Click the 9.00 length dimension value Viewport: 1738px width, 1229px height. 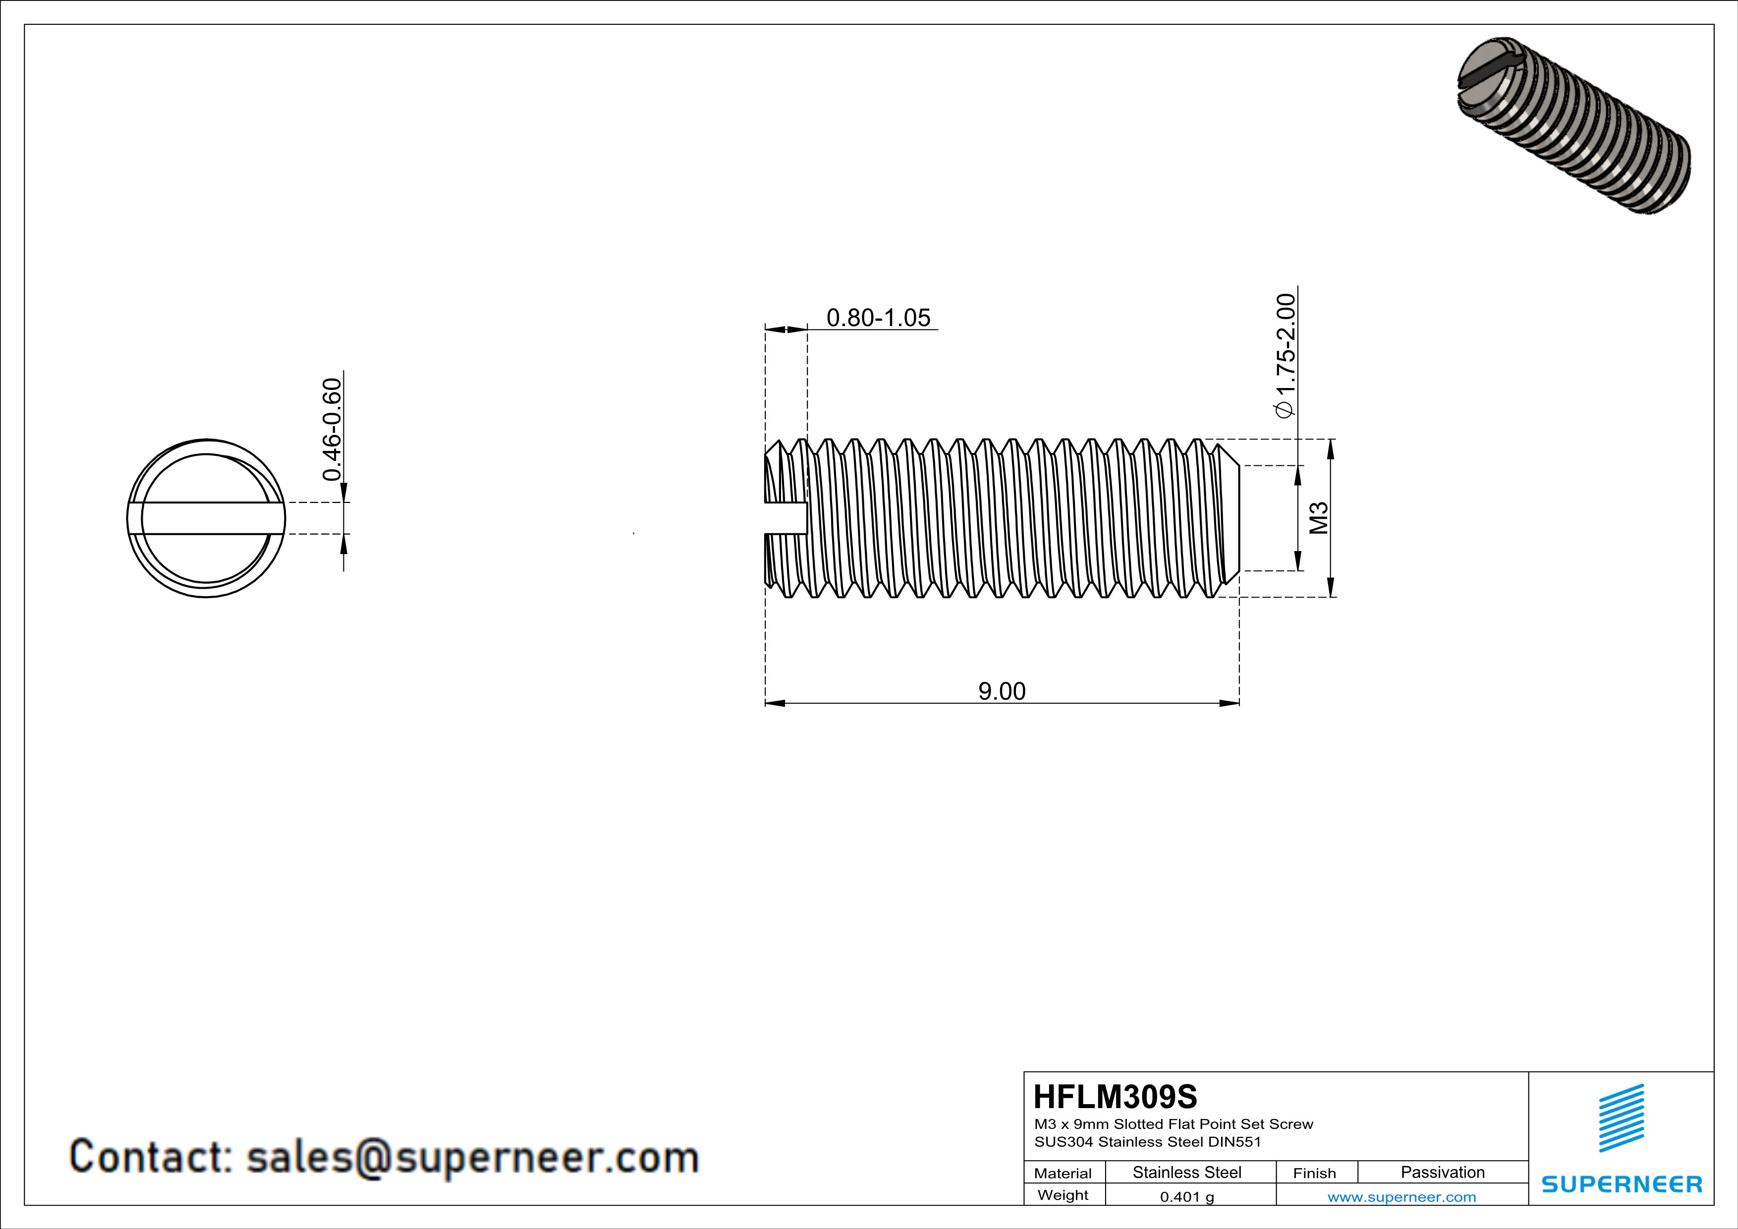pos(1002,691)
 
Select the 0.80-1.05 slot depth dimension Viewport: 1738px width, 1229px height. pos(878,318)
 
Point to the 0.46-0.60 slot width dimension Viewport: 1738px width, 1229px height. pos(332,429)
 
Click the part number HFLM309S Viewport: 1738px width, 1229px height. pos(1115,1097)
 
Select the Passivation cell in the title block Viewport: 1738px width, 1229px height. pos(1442,1172)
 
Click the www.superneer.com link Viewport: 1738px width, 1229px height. pos(1401,1196)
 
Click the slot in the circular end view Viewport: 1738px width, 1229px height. pos(206,518)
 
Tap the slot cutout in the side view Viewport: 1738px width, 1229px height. pos(785,518)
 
